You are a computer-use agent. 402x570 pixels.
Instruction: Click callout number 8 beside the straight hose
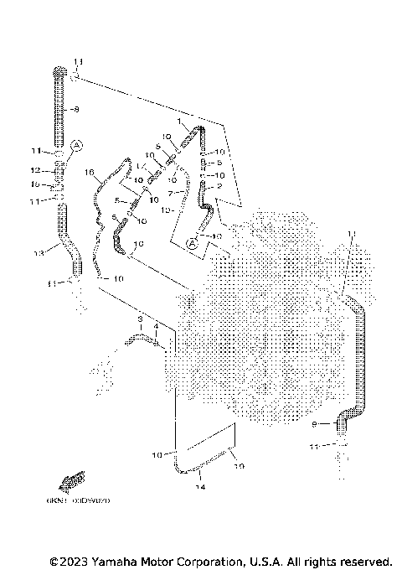point(76,110)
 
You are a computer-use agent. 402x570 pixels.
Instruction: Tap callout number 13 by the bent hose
point(38,253)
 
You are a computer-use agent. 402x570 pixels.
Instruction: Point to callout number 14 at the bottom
point(202,486)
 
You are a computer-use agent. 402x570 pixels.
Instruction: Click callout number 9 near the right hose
point(315,425)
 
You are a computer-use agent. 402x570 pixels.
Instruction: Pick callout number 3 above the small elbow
point(141,319)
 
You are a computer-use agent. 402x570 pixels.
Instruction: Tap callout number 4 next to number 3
point(156,325)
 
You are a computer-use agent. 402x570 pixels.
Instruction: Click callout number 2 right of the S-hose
point(219,187)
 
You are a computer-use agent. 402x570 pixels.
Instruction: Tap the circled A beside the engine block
point(192,244)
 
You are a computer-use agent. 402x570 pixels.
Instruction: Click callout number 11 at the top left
point(79,62)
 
